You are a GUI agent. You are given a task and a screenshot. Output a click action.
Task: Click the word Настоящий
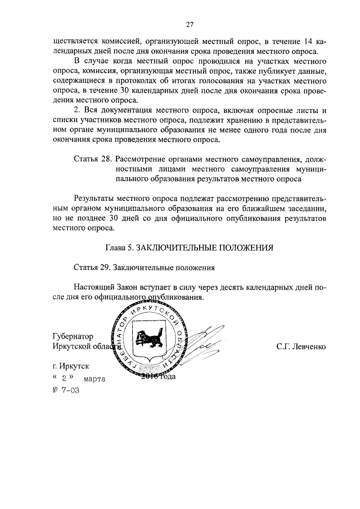click(96, 286)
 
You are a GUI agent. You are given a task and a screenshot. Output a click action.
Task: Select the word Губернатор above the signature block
click(73, 336)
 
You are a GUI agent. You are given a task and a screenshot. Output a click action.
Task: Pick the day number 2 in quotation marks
click(64, 379)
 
